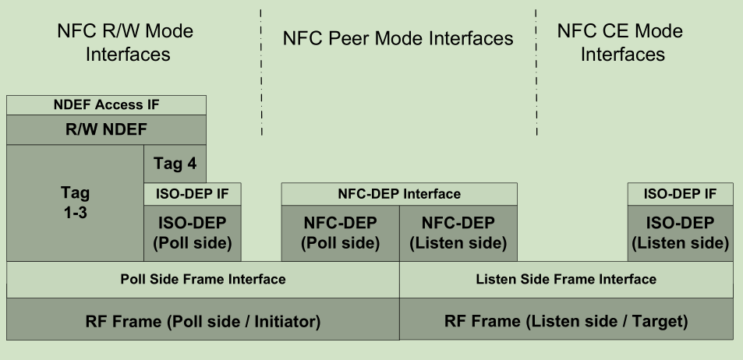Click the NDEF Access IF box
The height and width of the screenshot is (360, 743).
[x=106, y=105]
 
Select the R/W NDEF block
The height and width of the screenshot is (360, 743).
[x=106, y=129]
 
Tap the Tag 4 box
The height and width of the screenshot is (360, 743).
[x=175, y=164]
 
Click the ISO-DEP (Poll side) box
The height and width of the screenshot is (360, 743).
[x=192, y=232]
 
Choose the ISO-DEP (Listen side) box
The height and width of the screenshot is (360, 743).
[x=681, y=232]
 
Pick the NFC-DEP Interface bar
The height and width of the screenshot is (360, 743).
[x=398, y=193]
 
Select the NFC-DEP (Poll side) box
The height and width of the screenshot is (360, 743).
[x=340, y=232]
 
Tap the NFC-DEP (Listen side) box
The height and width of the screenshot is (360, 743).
[x=458, y=232]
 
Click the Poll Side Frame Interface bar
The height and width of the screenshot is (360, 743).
[x=203, y=279]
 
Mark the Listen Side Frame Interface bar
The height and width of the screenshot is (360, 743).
[x=566, y=279]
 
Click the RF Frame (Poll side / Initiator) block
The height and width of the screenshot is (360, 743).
[x=203, y=319]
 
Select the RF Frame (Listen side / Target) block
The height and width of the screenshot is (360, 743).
[x=566, y=319]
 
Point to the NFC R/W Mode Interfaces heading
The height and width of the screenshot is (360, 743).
[x=126, y=43]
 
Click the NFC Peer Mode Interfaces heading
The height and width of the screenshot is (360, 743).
[x=398, y=38]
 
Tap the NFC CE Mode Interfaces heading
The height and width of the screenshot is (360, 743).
[x=621, y=43]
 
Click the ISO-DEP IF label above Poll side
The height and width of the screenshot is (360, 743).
[x=192, y=194]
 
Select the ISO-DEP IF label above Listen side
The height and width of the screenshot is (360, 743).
[x=681, y=194]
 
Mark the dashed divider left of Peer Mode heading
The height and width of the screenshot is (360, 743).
[x=261, y=70]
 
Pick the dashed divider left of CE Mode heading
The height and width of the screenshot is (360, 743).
[x=536, y=70]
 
